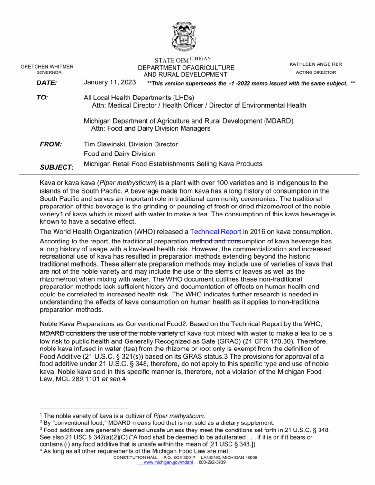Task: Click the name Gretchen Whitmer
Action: point(47,67)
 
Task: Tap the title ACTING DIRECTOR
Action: point(316,72)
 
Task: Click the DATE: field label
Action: point(46,83)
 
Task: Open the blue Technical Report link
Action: point(215,232)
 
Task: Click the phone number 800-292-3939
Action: point(212,462)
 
